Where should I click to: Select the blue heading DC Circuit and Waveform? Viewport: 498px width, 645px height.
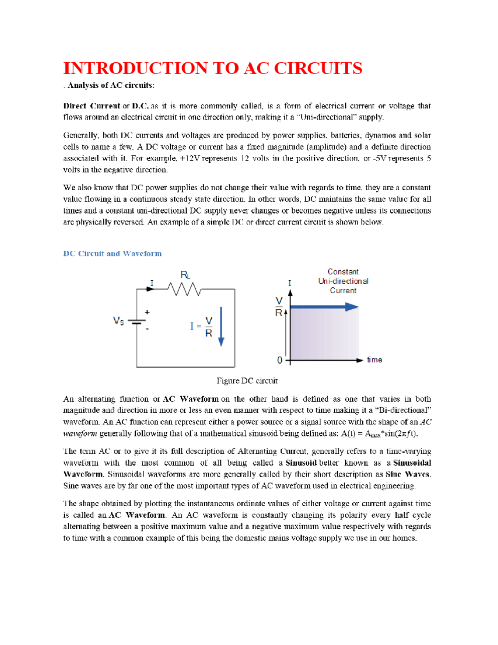(x=112, y=254)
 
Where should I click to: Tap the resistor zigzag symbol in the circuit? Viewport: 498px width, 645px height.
(x=184, y=289)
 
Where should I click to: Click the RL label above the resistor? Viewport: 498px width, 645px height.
(x=185, y=275)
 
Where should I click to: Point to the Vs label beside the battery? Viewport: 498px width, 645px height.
(x=118, y=321)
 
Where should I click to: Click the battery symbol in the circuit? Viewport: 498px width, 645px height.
(x=137, y=322)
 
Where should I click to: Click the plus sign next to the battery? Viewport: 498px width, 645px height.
(x=147, y=312)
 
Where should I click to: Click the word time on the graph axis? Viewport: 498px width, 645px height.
(x=374, y=360)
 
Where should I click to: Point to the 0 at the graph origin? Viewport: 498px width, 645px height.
(x=280, y=360)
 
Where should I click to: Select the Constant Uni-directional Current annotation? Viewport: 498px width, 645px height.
(x=343, y=281)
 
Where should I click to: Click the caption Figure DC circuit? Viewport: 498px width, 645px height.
(x=247, y=381)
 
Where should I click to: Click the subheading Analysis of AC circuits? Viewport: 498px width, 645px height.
(x=110, y=86)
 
